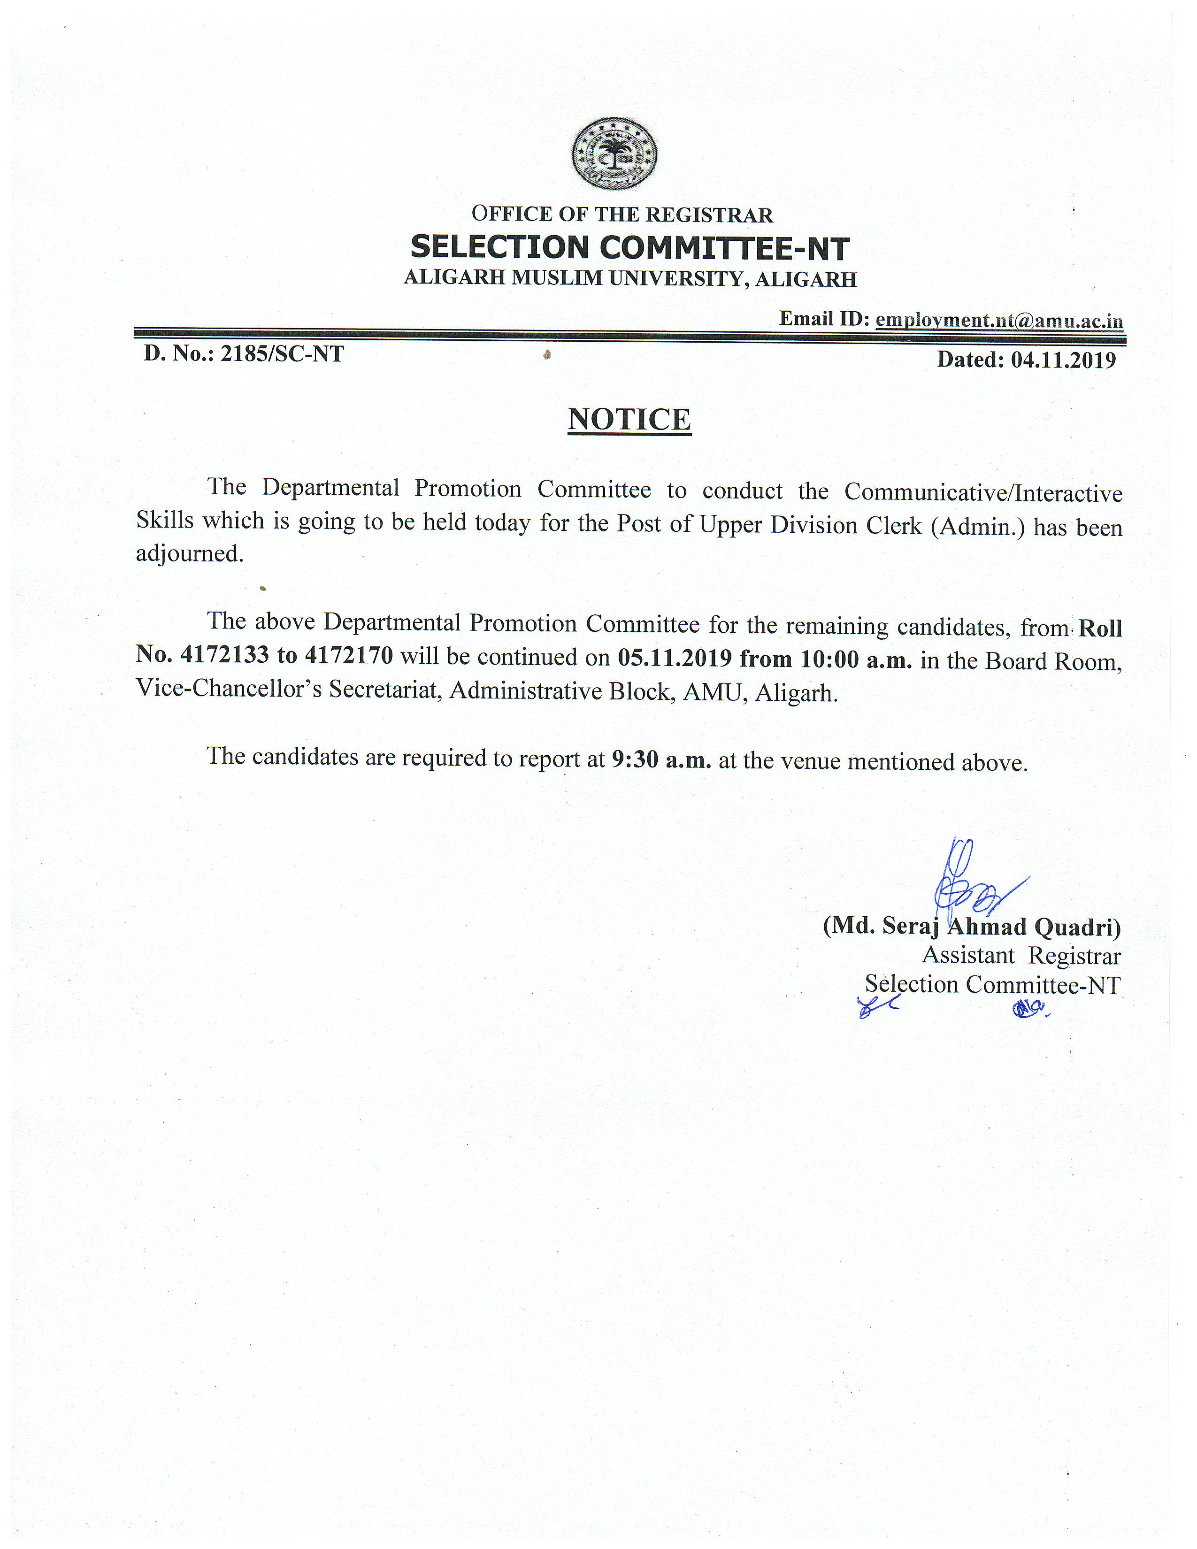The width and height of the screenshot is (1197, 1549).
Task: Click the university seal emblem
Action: (x=614, y=154)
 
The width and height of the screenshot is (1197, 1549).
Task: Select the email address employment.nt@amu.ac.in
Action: (x=999, y=321)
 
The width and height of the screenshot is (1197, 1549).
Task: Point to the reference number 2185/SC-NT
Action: (x=282, y=353)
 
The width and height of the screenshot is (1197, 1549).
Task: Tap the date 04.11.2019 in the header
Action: (x=1063, y=360)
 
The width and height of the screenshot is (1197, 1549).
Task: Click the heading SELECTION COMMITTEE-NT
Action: (x=629, y=247)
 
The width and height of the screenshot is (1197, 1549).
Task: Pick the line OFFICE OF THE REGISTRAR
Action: (x=622, y=214)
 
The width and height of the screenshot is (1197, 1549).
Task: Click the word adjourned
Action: (x=189, y=553)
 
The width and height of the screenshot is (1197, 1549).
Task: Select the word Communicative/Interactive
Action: (x=983, y=492)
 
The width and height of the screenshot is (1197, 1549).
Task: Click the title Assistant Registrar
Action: (x=1021, y=956)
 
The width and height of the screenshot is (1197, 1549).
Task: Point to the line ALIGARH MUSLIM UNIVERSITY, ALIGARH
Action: (x=629, y=279)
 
